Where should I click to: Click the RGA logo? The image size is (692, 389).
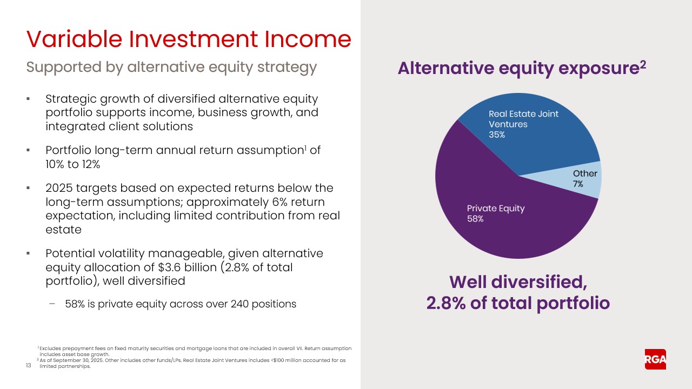[655, 359]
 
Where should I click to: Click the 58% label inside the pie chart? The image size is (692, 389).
[475, 219]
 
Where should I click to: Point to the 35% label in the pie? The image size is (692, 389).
[497, 135]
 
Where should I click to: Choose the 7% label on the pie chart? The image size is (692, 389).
[578, 184]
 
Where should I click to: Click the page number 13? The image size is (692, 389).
[29, 366]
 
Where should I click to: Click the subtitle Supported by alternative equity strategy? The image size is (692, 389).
[171, 67]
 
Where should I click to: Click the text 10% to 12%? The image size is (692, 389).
[73, 165]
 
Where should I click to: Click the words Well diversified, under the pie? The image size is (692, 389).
[518, 281]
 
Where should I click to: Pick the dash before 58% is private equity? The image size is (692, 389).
[52, 304]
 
